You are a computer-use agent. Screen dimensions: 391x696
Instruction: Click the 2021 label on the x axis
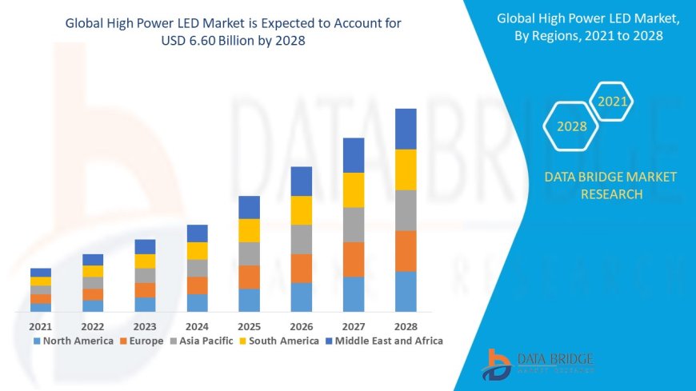[x=40, y=326]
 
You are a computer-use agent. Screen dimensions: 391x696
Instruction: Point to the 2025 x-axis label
[x=249, y=326]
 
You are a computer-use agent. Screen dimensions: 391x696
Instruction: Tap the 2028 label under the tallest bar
[x=406, y=326]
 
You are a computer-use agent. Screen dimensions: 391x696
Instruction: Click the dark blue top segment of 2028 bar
[x=406, y=129]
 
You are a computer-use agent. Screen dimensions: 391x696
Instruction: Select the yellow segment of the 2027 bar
[x=354, y=190]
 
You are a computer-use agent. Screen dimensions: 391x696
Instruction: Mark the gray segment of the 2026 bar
[x=301, y=239]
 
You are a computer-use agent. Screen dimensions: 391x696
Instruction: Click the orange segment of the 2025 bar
[x=249, y=277]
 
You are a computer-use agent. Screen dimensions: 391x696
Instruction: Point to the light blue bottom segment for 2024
[x=197, y=302]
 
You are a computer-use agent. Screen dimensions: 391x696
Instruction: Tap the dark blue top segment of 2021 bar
[x=40, y=273]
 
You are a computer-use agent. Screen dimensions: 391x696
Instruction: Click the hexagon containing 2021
[x=613, y=102]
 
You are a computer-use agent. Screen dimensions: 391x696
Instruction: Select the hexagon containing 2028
[x=571, y=126]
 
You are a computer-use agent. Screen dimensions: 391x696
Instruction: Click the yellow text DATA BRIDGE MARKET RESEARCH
[x=610, y=186]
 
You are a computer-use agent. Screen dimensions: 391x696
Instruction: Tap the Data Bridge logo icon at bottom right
[x=498, y=364]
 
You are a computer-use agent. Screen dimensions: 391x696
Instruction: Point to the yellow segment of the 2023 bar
[x=145, y=261]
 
